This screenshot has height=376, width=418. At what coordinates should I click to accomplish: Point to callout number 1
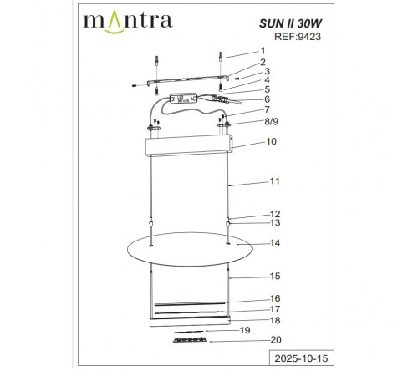(261, 51)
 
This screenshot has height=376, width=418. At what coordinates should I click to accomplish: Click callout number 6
(266, 99)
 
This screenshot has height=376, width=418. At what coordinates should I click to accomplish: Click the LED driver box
(183, 98)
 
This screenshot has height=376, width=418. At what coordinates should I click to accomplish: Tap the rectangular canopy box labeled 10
(188, 148)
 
